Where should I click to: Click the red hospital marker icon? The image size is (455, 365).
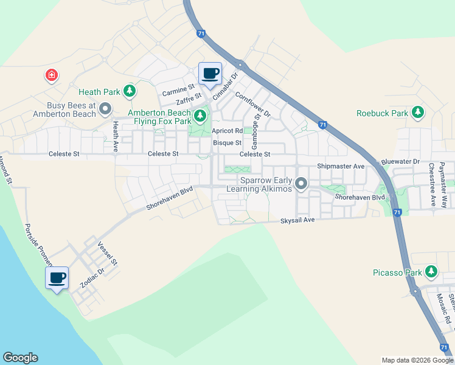[52, 75]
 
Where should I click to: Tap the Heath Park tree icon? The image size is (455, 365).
[129, 92]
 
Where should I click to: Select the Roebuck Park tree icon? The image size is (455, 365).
[417, 113]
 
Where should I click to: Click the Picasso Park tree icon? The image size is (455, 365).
[431, 272]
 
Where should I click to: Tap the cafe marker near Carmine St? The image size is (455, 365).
[210, 74]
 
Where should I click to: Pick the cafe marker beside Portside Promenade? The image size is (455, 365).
[57, 279]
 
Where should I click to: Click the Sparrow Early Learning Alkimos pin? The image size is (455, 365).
[300, 183]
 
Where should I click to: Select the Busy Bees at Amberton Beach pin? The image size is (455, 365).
[105, 109]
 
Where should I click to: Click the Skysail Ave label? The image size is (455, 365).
[297, 220]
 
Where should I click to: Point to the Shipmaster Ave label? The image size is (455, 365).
[341, 166]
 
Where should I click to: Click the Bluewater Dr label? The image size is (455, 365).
[400, 162]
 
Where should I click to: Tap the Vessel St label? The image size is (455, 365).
[107, 252]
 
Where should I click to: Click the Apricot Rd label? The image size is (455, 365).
[227, 131]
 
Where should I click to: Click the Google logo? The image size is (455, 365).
[20, 358]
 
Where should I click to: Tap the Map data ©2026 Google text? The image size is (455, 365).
[417, 360]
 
